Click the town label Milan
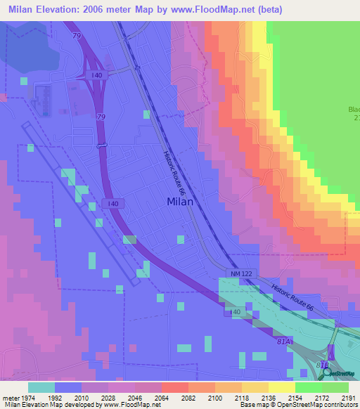(x=180, y=202)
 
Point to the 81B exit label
(x=321, y=365)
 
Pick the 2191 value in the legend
(x=349, y=397)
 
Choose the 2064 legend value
(x=161, y=397)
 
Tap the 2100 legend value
(x=214, y=397)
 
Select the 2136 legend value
(x=268, y=397)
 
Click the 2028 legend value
(x=108, y=397)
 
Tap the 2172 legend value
(x=322, y=397)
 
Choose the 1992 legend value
(x=54, y=397)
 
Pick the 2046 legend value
(x=134, y=397)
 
